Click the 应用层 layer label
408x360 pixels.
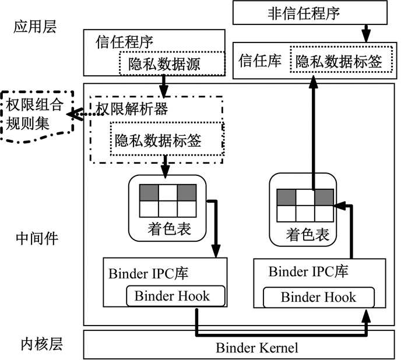pos(35,28)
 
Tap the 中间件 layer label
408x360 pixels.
pos(35,238)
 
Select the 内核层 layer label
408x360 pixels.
pos(35,344)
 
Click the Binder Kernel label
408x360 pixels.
pos(257,348)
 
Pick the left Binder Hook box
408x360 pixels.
pos(176,296)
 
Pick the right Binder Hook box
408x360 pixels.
pos(317,297)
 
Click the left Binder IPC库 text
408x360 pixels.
pos(147,274)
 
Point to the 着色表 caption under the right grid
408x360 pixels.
pos(307,235)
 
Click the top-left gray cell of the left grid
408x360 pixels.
pos(149,192)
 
